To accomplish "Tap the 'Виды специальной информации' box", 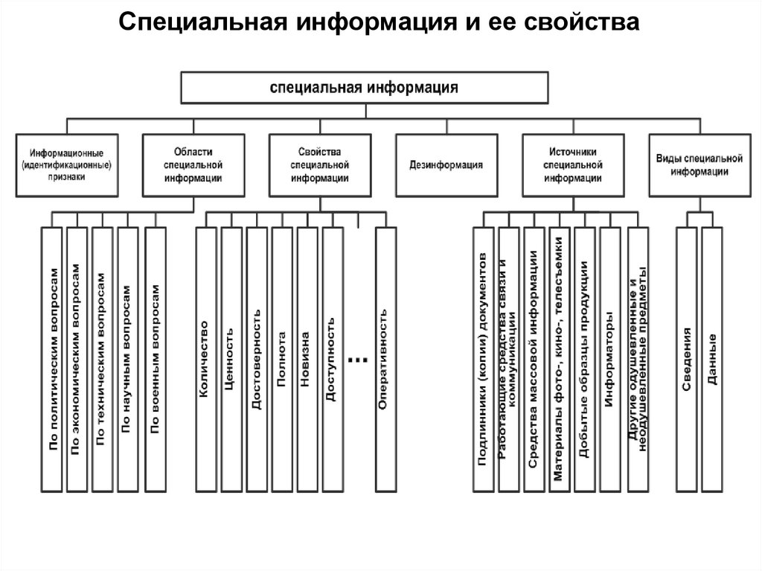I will click(x=699, y=165).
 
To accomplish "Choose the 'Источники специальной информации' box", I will click(x=572, y=165).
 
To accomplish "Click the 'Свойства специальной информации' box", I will click(x=320, y=165).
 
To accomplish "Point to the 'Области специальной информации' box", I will click(x=193, y=165).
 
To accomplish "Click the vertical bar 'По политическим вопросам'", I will click(x=52, y=359).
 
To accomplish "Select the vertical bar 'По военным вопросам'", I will click(x=155, y=359).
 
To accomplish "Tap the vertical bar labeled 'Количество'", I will click(x=205, y=359).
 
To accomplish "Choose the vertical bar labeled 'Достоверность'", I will click(x=257, y=359).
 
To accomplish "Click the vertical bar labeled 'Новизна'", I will click(x=307, y=359).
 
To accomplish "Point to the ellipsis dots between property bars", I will click(x=358, y=359).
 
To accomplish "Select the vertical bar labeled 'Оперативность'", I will click(x=386, y=359).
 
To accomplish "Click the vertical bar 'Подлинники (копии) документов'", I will click(x=483, y=359).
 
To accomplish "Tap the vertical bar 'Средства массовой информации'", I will click(x=534, y=359).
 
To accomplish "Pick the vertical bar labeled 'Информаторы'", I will click(x=609, y=359).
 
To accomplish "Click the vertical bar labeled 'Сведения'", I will click(x=686, y=359).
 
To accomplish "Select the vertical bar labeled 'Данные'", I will click(x=712, y=359).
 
